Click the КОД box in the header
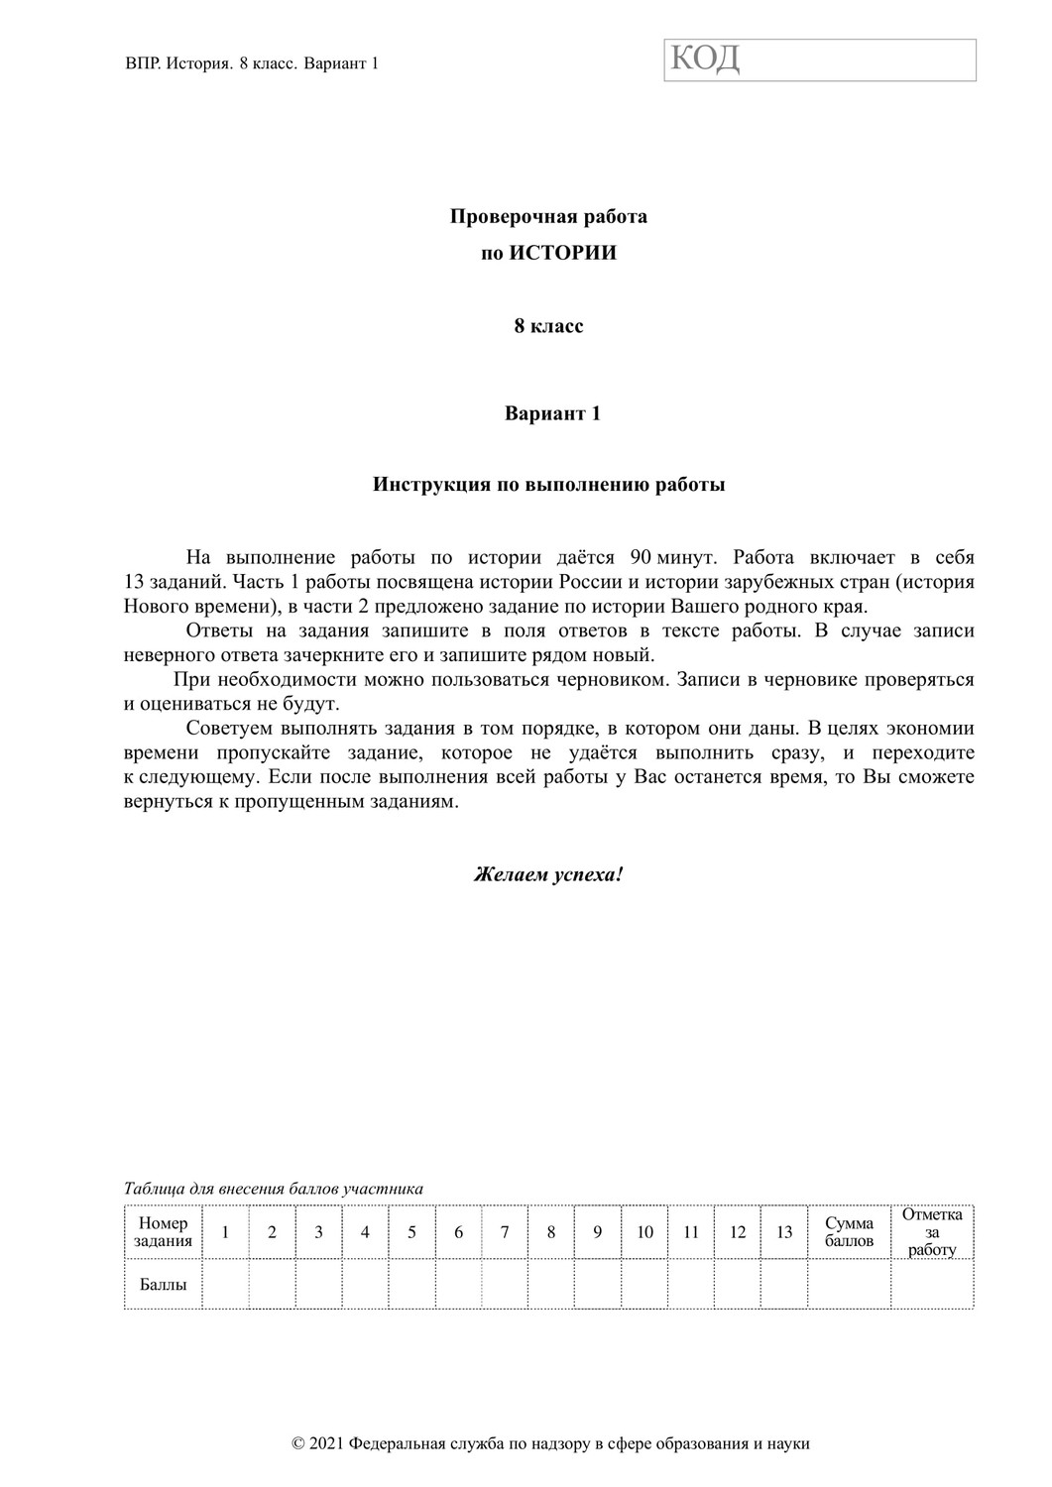pyautogui.click(x=820, y=59)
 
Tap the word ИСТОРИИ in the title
pyautogui.click(x=563, y=253)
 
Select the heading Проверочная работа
pyautogui.click(x=548, y=216)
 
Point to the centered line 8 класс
pyautogui.click(x=548, y=326)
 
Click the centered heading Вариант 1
pyautogui.click(x=552, y=413)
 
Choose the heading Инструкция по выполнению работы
pyautogui.click(x=548, y=485)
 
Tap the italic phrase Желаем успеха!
pyautogui.click(x=548, y=874)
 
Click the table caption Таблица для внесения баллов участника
pyautogui.click(x=274, y=1189)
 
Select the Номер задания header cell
pyautogui.click(x=164, y=1232)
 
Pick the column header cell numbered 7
pyautogui.click(x=505, y=1232)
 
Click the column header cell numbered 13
pyautogui.click(x=784, y=1232)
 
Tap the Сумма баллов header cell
pyautogui.click(x=850, y=1232)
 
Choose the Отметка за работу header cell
pyautogui.click(x=932, y=1232)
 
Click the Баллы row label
pyautogui.click(x=164, y=1285)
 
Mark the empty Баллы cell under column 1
pyautogui.click(x=225, y=1285)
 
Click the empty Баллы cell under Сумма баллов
pyautogui.click(x=850, y=1285)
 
